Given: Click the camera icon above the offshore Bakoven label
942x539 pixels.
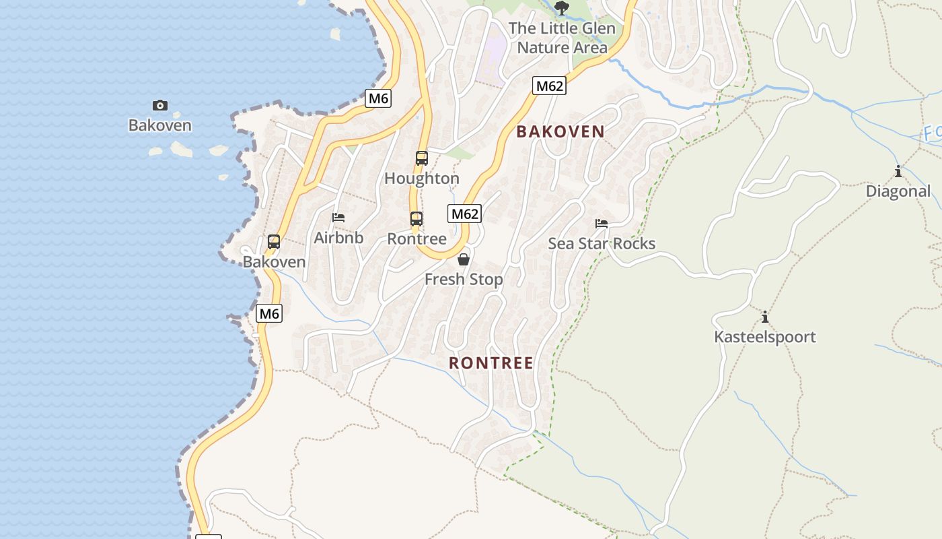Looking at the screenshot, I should [x=159, y=105].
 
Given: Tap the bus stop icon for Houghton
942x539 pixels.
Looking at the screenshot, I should [x=422, y=158].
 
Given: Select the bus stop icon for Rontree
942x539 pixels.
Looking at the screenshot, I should [x=416, y=219].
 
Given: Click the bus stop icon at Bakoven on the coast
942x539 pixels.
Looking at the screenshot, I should [x=274, y=242].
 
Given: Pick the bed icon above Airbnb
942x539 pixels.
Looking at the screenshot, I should [x=338, y=218].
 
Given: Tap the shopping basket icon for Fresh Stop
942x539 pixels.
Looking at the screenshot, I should [x=464, y=259].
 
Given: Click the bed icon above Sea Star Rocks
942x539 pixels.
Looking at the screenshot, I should [x=602, y=224].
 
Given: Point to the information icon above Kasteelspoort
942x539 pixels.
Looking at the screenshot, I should [x=764, y=317].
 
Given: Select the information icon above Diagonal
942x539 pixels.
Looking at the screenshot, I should [x=898, y=171].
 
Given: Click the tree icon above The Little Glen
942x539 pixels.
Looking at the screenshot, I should [x=562, y=8].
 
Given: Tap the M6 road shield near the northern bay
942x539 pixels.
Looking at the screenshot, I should [x=379, y=98].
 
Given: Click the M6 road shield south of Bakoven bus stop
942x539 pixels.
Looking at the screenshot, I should [x=269, y=313].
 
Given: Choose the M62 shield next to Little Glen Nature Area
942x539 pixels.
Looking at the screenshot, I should [x=549, y=86].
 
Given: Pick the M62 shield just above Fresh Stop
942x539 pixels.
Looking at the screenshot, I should [x=464, y=214].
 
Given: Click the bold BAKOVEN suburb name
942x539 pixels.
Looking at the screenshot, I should [x=560, y=132].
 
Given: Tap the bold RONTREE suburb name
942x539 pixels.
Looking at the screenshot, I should [x=491, y=363].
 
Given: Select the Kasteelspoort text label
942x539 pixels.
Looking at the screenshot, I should [x=765, y=337].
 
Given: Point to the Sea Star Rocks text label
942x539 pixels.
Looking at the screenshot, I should [x=602, y=244].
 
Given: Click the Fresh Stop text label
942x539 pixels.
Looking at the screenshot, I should [x=464, y=279].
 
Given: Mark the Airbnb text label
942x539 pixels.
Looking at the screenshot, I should [x=338, y=238].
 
